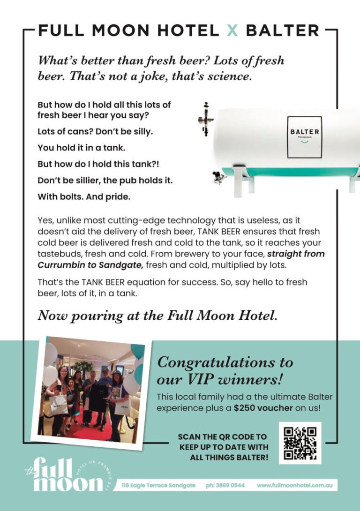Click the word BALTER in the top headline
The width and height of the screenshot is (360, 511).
coord(282,31)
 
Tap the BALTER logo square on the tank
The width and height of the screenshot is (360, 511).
coord(304,137)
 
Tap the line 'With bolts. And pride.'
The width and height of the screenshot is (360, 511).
coord(84,197)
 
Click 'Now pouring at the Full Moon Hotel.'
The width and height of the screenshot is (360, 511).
coord(157,316)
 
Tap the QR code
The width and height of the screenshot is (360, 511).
coord(300,443)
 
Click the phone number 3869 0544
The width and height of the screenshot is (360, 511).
coord(225,485)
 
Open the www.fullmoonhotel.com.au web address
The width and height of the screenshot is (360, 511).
coord(295,485)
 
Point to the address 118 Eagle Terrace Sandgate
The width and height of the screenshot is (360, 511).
coord(158,485)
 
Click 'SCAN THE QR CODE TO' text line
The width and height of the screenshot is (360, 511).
coord(222,436)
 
